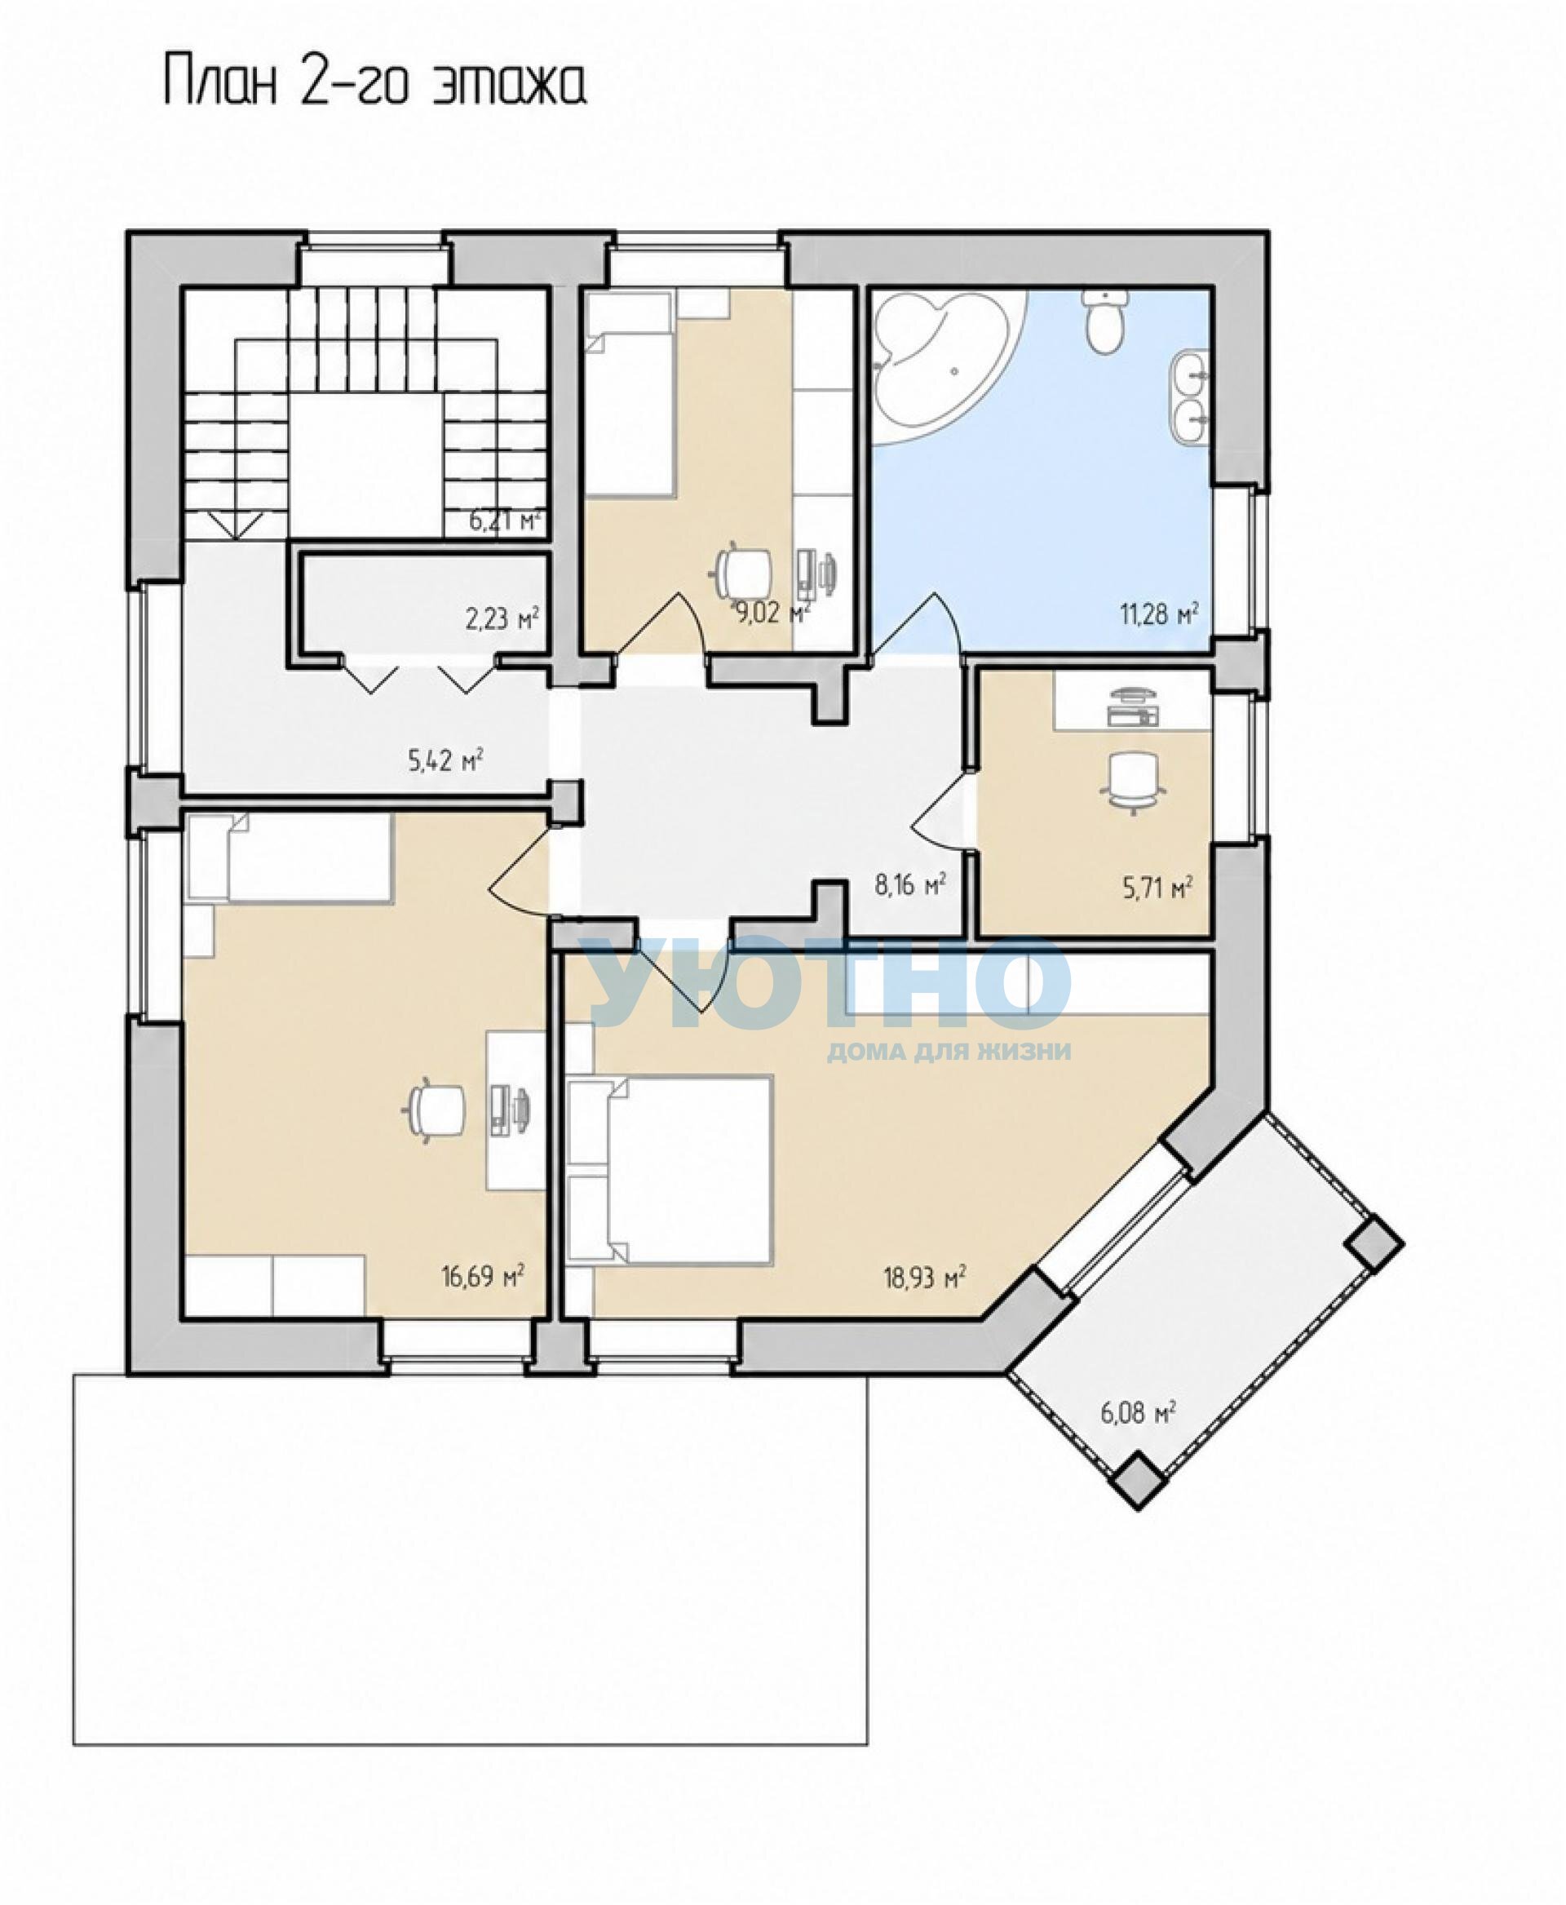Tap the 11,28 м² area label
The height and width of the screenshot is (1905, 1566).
click(1159, 614)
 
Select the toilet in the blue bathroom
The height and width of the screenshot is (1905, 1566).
click(1105, 321)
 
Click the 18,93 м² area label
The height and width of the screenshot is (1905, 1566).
click(925, 1278)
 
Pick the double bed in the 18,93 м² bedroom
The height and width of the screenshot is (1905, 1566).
click(670, 1168)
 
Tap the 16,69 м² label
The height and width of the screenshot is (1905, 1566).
click(483, 1276)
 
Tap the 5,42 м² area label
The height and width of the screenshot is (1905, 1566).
click(445, 760)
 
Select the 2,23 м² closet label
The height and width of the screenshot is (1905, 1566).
click(502, 619)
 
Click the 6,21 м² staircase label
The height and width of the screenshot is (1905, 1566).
click(505, 521)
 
